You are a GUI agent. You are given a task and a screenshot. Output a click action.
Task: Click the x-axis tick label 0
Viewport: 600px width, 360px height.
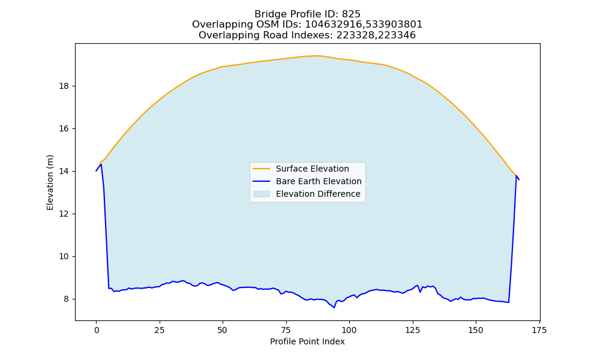tap(96, 330)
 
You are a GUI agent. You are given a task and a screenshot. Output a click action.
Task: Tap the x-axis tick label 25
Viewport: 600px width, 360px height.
tap(159, 330)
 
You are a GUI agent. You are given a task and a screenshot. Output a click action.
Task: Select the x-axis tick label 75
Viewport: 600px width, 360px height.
tap(286, 330)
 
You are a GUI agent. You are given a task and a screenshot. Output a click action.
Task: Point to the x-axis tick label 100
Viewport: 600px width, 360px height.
tap(349, 330)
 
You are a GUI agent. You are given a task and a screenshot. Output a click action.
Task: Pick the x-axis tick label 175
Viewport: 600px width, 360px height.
tap(539, 330)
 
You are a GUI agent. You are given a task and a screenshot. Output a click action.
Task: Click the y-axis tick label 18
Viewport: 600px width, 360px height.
tap(64, 86)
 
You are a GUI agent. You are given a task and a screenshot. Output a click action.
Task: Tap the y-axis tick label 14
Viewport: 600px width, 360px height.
tap(64, 172)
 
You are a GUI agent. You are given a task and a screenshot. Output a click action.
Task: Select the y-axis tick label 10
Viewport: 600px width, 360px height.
tap(64, 256)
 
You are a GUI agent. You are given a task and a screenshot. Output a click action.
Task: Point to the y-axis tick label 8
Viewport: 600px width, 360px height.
tap(67, 299)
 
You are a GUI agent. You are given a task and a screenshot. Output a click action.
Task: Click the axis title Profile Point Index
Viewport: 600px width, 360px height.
tap(307, 341)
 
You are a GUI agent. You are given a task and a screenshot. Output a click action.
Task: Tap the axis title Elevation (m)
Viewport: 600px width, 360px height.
tap(50, 182)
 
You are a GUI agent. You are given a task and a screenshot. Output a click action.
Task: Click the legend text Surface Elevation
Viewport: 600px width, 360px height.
tap(312, 169)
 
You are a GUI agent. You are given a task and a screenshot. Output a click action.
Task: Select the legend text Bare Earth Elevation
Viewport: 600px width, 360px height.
tap(319, 181)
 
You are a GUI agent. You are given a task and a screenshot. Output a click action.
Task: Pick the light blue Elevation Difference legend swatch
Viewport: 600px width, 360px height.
tap(262, 194)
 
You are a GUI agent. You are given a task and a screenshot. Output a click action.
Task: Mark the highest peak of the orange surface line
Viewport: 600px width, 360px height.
tap(317, 56)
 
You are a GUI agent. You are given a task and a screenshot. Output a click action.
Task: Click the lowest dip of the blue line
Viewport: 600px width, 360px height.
tap(334, 308)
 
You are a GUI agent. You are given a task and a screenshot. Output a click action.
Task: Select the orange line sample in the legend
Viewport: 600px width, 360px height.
tap(262, 169)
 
